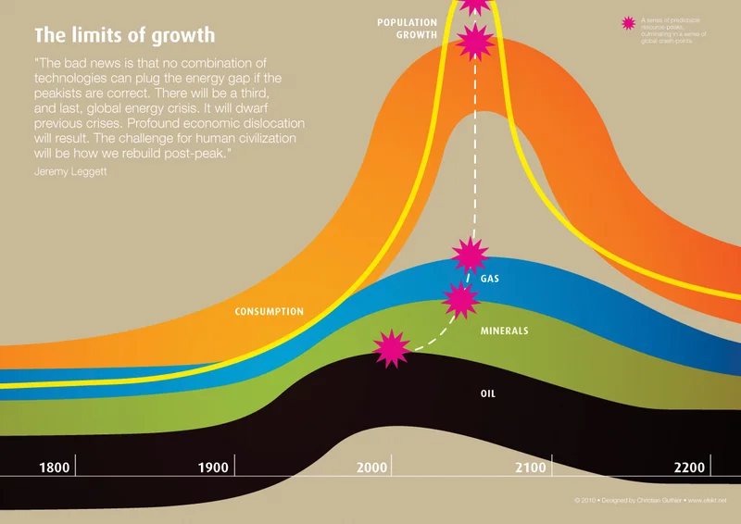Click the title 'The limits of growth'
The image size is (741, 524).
coord(124,36)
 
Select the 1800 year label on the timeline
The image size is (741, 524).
coord(55,468)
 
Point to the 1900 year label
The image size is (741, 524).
coord(213,468)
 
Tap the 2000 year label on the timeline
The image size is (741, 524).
coord(371,468)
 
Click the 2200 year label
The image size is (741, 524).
coord(689,468)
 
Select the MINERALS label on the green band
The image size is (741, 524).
coord(504,331)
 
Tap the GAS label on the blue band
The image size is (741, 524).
coord(490,279)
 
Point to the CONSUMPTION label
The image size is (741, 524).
coord(270,312)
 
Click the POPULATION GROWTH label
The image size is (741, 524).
coord(407,28)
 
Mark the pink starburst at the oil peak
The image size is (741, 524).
coord(391,347)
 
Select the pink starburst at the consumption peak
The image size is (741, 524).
coord(475,41)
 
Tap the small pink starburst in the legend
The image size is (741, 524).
coord(630,24)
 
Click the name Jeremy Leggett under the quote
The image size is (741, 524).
coord(70,171)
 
